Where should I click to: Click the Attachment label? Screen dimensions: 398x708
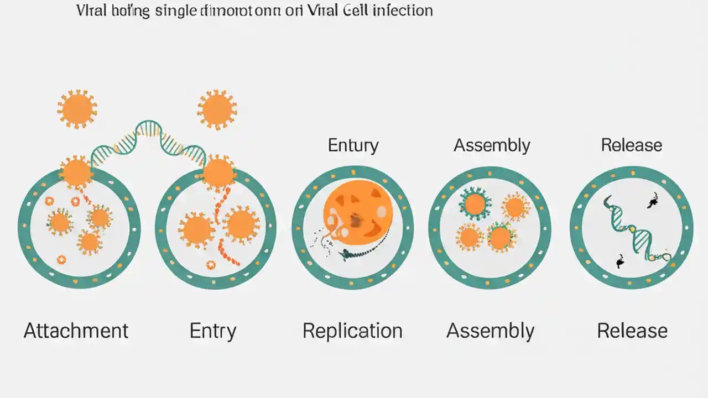(x=76, y=331)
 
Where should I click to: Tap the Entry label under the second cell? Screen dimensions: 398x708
(x=213, y=331)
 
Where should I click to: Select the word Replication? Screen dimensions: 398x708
(x=352, y=331)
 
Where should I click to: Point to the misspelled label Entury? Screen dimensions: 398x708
(x=353, y=145)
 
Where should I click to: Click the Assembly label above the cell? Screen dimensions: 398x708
(x=492, y=145)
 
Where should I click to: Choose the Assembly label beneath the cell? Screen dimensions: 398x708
(x=490, y=331)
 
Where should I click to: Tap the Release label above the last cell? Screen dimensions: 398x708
(x=632, y=145)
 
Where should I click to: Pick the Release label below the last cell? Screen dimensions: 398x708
(x=632, y=331)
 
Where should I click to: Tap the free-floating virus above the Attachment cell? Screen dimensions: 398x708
(x=77, y=108)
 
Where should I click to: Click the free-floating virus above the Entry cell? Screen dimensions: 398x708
(x=217, y=109)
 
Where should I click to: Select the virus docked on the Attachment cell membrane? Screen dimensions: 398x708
(x=76, y=172)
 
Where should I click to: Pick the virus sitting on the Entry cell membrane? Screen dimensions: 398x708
(x=218, y=172)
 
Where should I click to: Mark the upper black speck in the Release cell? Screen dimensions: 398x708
(x=653, y=202)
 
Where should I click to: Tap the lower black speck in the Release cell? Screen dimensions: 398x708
(x=620, y=261)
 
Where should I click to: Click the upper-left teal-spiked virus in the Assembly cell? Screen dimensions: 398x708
(x=475, y=204)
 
